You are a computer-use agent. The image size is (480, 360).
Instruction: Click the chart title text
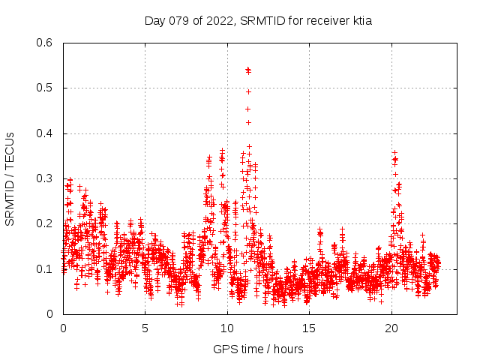(x=258, y=20)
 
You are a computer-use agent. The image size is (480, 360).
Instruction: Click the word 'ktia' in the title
(x=361, y=20)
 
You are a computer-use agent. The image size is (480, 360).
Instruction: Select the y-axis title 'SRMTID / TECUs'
(x=10, y=178)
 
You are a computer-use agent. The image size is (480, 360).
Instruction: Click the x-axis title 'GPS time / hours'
(x=258, y=349)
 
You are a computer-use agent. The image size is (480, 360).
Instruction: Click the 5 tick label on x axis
(x=145, y=328)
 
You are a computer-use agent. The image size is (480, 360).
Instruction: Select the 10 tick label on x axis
(x=227, y=328)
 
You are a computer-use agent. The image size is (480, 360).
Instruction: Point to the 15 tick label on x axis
(x=309, y=328)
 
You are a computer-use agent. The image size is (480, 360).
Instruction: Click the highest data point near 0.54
(x=247, y=70)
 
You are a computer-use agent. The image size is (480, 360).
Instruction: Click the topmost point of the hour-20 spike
(x=394, y=151)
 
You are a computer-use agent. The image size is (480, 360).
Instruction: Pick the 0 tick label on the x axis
(x=63, y=328)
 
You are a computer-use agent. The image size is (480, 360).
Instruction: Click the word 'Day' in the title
(x=154, y=20)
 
